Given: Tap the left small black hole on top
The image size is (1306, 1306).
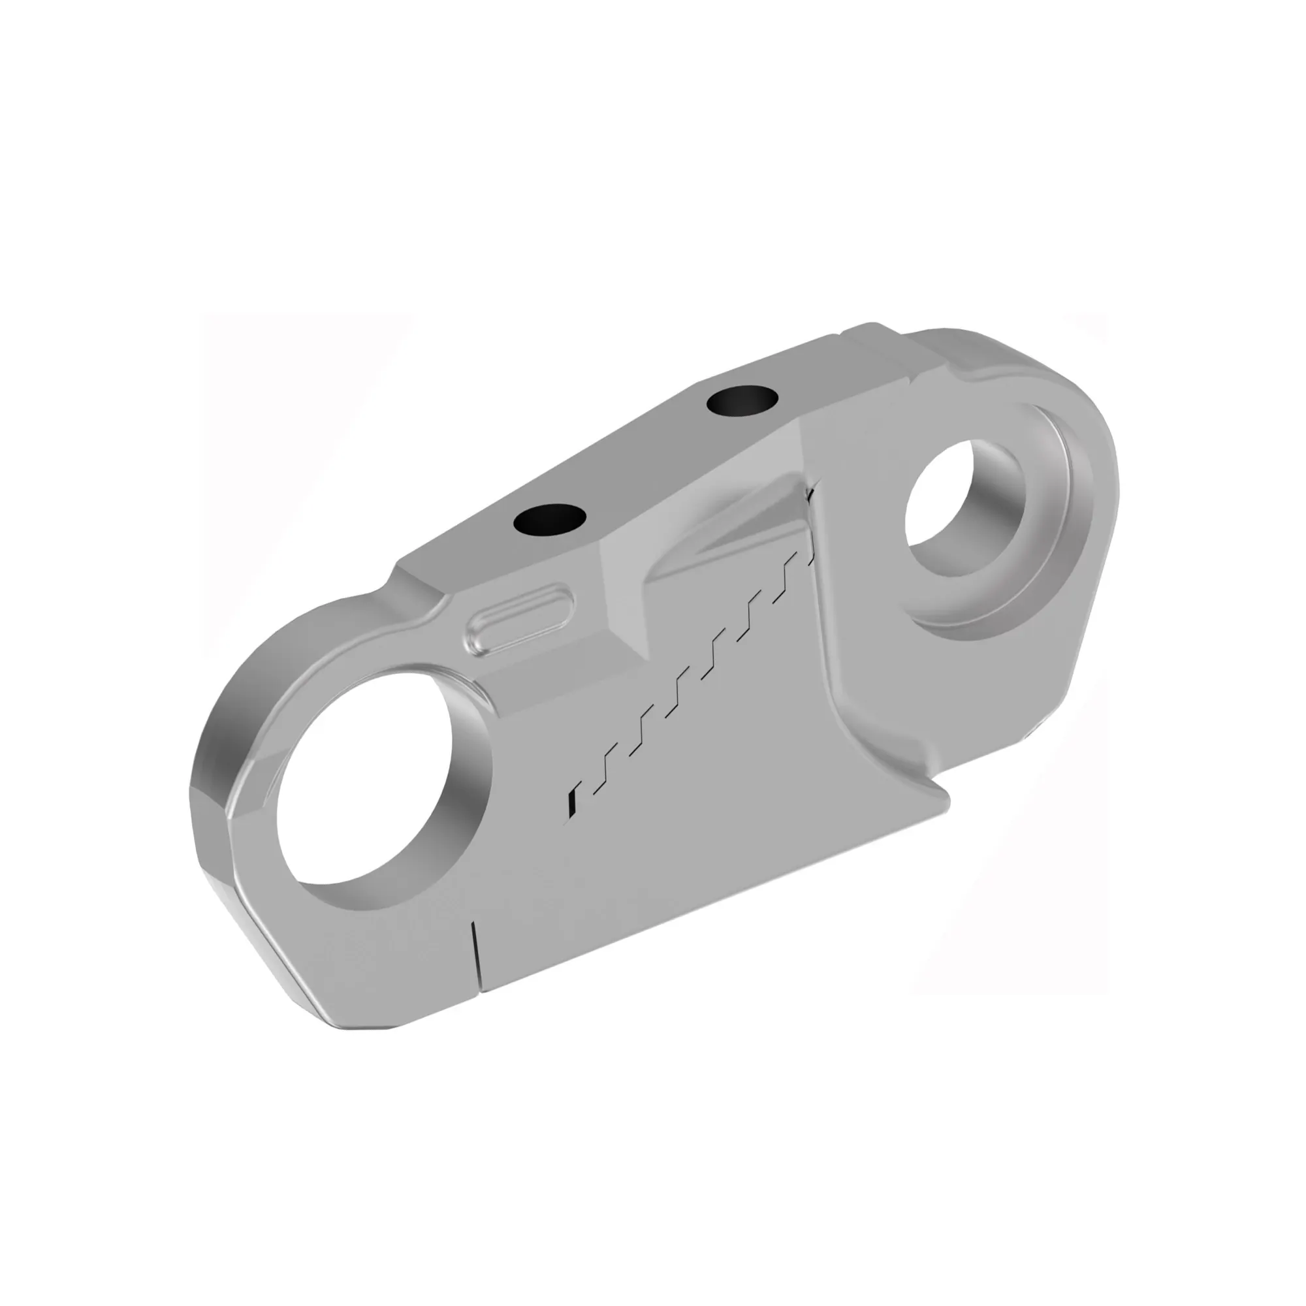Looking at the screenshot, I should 549,518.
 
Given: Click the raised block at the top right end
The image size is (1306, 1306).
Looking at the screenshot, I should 879,351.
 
